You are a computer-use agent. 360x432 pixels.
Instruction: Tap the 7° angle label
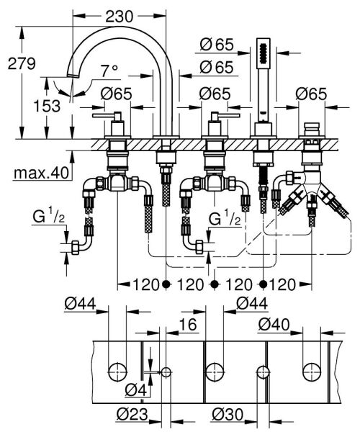click(109, 71)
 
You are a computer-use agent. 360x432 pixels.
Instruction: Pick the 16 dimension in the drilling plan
click(187, 325)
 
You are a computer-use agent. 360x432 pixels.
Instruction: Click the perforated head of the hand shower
click(263, 54)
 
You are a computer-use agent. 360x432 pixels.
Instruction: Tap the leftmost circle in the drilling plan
click(115, 372)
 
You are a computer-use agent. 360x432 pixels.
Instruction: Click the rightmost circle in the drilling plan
click(312, 372)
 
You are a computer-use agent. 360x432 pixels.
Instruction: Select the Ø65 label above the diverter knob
click(311, 94)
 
